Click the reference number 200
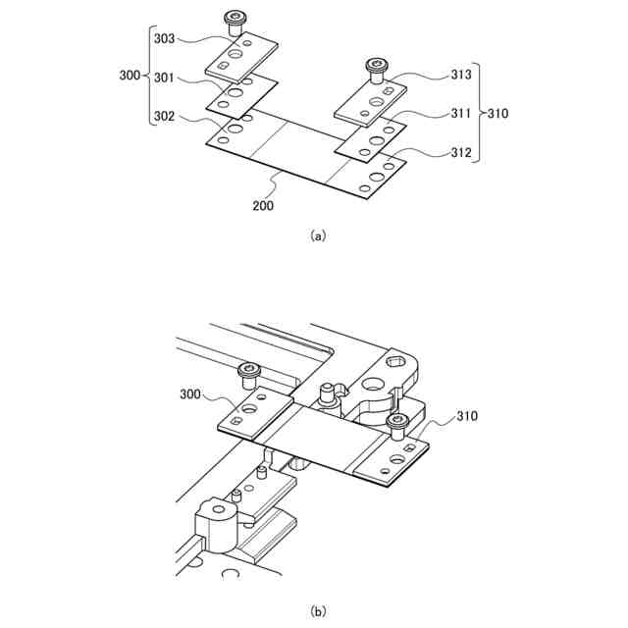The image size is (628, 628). [263, 206]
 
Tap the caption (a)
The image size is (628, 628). [317, 236]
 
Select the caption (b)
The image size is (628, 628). [317, 611]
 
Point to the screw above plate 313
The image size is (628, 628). [376, 67]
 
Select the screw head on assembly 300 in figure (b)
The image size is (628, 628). [247, 370]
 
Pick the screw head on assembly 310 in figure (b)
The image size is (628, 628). [397, 422]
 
